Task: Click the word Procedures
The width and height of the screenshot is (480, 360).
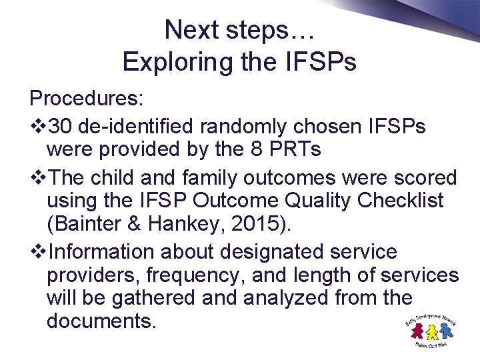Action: (84, 99)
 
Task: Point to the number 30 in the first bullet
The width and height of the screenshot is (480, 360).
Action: (61, 126)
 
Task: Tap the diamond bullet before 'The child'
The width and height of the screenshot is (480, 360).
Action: (37, 177)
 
